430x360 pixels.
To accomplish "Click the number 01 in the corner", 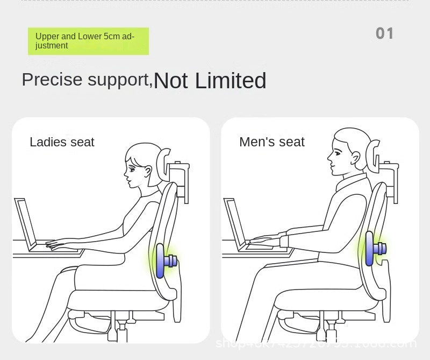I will (385, 34).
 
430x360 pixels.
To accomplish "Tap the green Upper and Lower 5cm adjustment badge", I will (88, 41).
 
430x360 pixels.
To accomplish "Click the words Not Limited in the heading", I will (210, 81).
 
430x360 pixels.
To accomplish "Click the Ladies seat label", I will (62, 142).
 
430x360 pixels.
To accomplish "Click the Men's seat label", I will (271, 142).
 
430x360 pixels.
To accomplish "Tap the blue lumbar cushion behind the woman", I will (160, 260).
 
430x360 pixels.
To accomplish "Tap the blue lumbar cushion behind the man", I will (369, 249).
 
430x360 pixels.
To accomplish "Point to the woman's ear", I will (146, 173).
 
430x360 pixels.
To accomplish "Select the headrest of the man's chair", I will (371, 152).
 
